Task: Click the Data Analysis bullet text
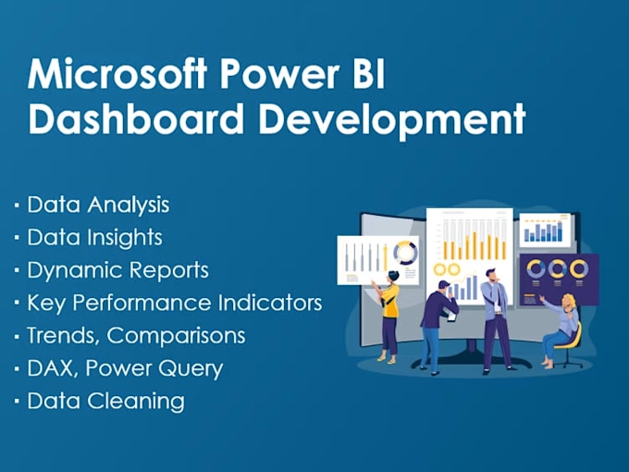(x=98, y=204)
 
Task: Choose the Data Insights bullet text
(x=94, y=238)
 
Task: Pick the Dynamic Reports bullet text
(x=117, y=270)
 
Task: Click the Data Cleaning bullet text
(x=105, y=402)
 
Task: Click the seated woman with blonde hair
(x=563, y=324)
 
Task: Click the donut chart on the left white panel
(x=405, y=254)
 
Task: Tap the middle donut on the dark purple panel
(x=557, y=268)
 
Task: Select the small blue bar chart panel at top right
(x=545, y=230)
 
